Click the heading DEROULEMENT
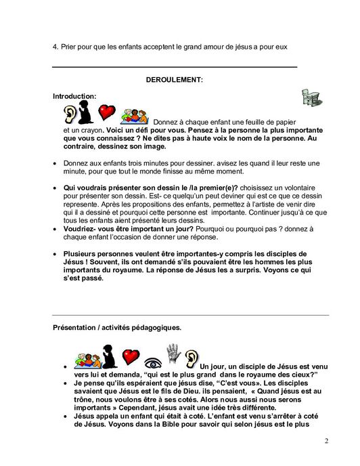175,80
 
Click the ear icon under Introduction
69,112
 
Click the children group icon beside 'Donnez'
134,114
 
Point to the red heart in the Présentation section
129,356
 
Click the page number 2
326,442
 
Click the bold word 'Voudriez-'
83,230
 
